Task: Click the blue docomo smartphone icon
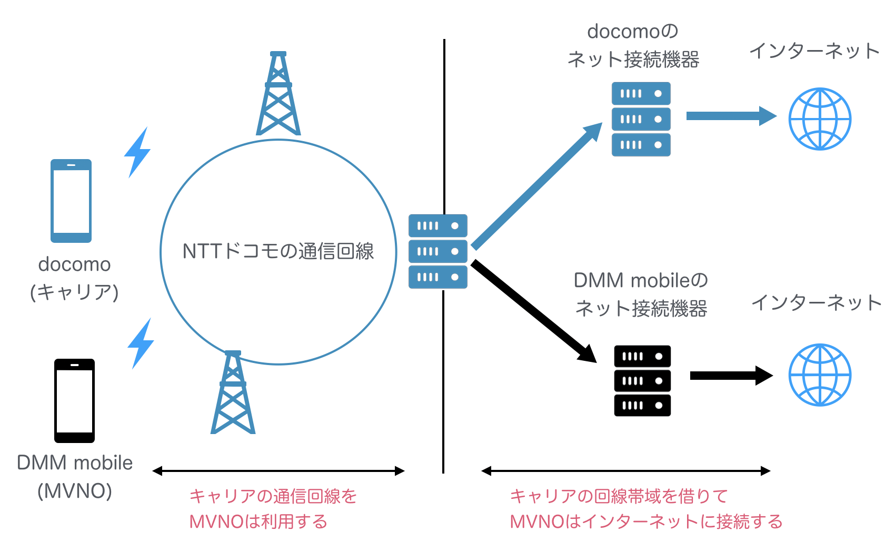71,201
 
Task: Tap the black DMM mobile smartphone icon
74,401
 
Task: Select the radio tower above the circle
278,95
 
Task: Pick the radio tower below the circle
233,393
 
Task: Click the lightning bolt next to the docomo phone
137,153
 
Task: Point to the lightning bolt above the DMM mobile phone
141,343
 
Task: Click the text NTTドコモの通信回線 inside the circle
278,251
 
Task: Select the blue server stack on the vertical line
437,251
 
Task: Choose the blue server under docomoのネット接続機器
641,119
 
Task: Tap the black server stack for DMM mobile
642,381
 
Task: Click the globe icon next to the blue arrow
820,119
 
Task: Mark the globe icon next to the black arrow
820,375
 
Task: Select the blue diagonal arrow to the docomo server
537,185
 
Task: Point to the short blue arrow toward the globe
731,116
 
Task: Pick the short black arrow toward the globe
731,376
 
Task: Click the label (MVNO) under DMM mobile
75,491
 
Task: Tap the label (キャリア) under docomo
74,292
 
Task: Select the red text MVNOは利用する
258,522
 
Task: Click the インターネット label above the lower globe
816,302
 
